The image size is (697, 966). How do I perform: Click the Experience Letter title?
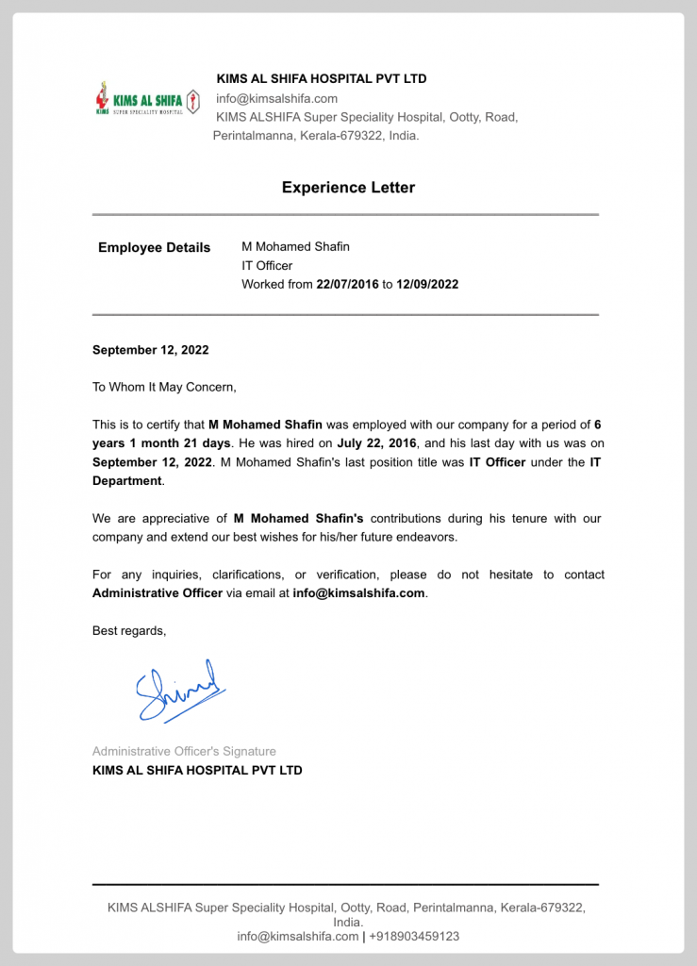tap(348, 188)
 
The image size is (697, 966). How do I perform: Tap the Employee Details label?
tap(155, 248)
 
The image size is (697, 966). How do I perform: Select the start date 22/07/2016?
tap(347, 284)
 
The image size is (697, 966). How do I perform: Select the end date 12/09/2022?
tap(427, 284)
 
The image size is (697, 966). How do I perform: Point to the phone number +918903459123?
tap(414, 937)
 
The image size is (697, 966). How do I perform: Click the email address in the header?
tap(276, 99)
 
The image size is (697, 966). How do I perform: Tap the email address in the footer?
tap(297, 937)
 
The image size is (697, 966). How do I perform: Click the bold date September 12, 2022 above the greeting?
tap(150, 350)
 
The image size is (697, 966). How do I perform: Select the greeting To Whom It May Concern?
tap(164, 387)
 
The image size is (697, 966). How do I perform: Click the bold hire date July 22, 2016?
tap(377, 443)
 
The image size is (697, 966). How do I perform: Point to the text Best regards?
tap(129, 630)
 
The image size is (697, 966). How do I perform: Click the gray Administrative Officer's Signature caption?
tap(184, 752)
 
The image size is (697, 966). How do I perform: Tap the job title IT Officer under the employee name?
tap(267, 266)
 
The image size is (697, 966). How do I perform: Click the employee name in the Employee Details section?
tap(295, 247)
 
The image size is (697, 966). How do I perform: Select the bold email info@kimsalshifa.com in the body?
tap(358, 593)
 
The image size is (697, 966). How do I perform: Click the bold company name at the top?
tap(322, 79)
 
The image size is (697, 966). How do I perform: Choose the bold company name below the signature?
tap(197, 771)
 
